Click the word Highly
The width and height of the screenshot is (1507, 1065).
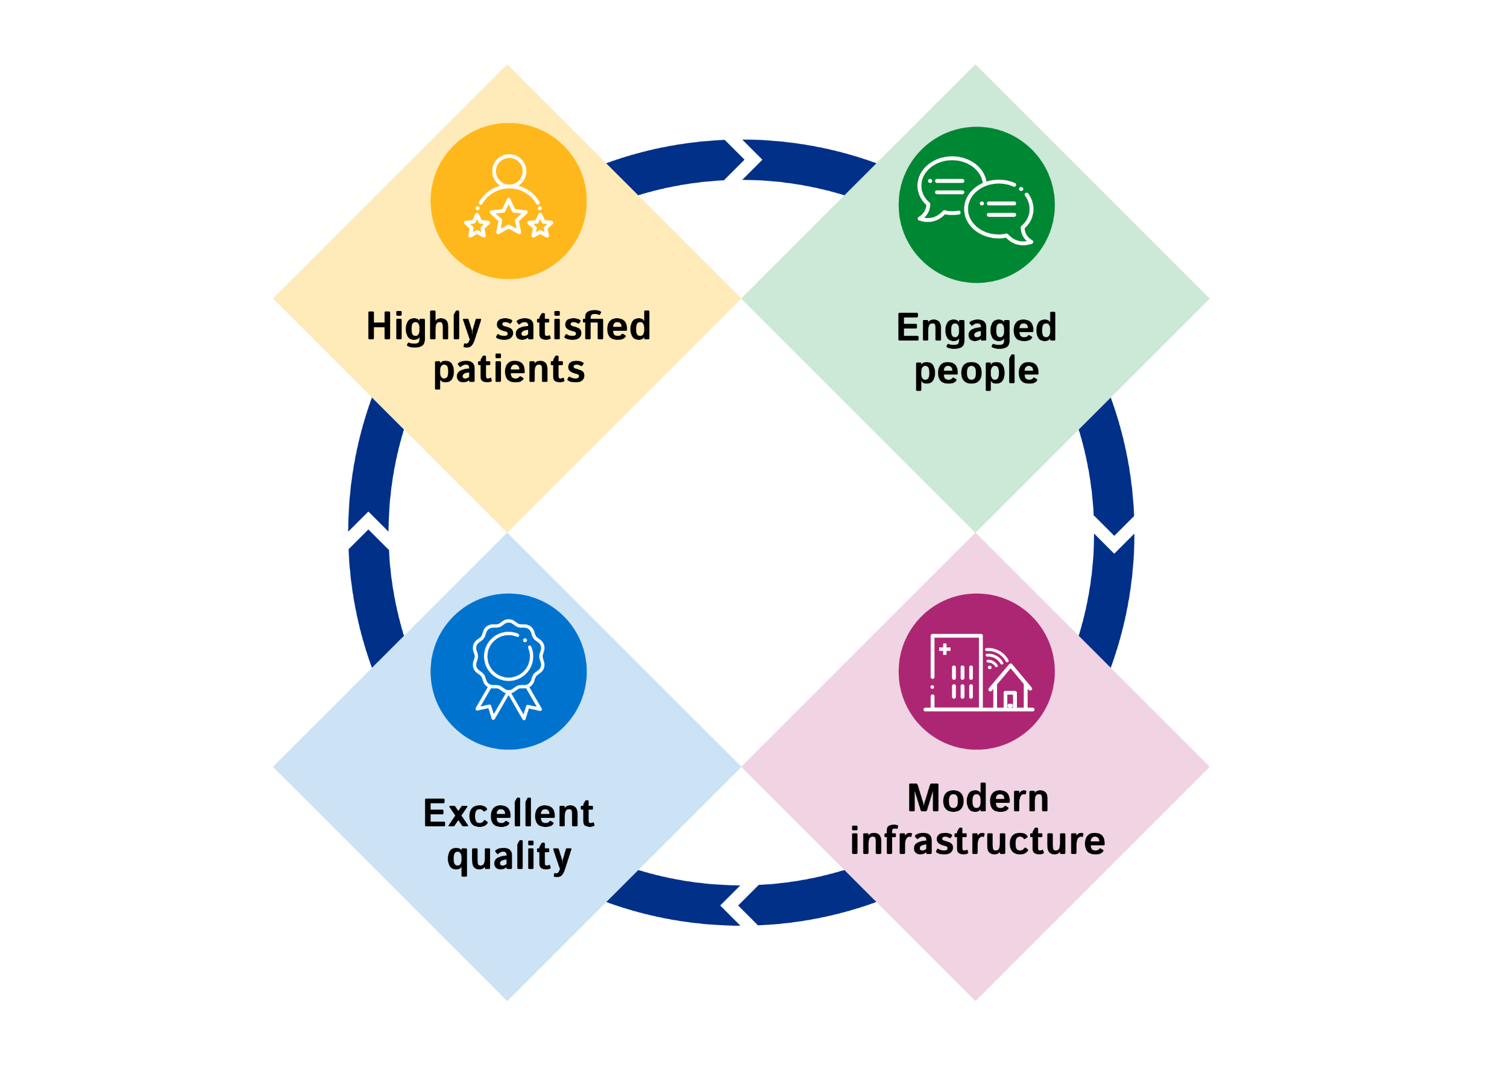(x=423, y=327)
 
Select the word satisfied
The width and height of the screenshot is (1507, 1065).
(x=573, y=326)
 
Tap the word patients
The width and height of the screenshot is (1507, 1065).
(x=509, y=370)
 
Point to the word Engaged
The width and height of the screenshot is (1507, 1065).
(x=976, y=328)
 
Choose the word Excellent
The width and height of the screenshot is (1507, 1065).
(x=509, y=814)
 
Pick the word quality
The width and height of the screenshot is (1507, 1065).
(x=509, y=857)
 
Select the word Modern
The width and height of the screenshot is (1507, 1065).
(x=977, y=799)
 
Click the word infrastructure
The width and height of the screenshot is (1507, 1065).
(x=977, y=841)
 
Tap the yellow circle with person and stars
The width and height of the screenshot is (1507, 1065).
(x=509, y=201)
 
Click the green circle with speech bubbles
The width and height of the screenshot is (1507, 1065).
(x=976, y=205)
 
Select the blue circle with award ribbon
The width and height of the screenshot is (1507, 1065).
(x=509, y=671)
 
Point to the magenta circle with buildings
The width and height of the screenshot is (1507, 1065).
(x=976, y=671)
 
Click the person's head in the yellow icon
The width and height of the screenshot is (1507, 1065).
(x=509, y=171)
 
